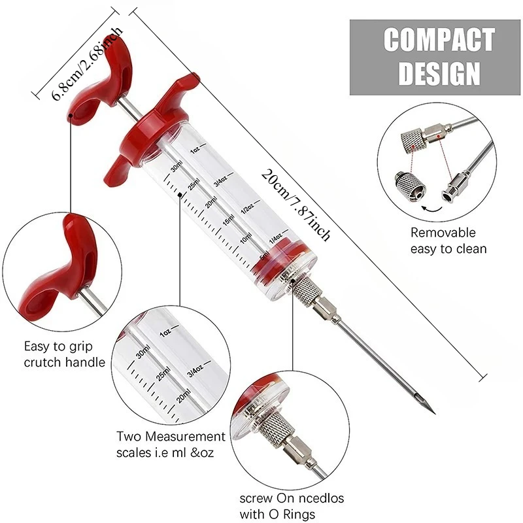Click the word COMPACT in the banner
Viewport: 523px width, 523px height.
439,40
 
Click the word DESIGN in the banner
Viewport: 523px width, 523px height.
439,73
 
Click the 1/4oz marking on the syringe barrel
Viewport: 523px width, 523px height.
275,234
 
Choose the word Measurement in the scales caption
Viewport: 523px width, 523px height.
186,436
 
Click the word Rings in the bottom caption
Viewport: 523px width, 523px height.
300,514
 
